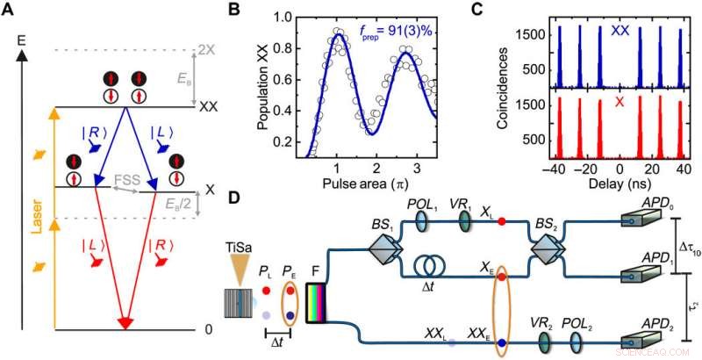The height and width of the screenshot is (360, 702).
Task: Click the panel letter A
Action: pyautogui.click(x=11, y=10)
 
